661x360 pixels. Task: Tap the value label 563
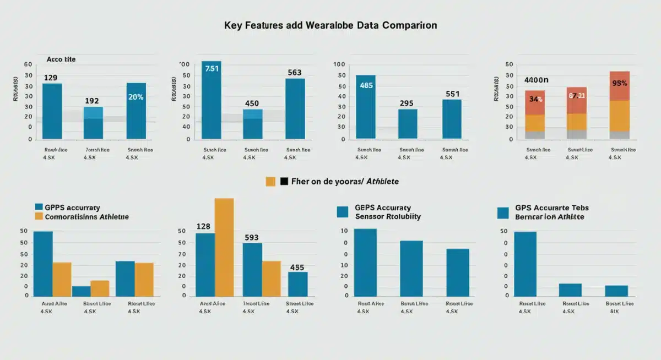coord(295,72)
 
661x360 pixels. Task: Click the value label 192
coord(92,101)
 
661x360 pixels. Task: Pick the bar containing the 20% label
coord(136,110)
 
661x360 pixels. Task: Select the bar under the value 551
coord(452,118)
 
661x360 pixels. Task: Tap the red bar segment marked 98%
coord(619,86)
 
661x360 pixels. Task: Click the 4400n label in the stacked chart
coord(538,80)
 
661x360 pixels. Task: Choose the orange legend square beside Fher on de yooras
coord(270,181)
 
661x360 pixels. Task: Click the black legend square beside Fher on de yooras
coord(284,181)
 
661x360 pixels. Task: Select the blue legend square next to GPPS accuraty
coord(39,207)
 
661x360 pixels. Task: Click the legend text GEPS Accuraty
coord(383,208)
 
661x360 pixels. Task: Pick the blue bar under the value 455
coord(297,283)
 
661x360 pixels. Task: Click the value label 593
coord(251,237)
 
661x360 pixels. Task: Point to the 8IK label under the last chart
coord(614,311)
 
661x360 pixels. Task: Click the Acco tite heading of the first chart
coord(61,58)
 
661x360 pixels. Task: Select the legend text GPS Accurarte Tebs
coord(552,208)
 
